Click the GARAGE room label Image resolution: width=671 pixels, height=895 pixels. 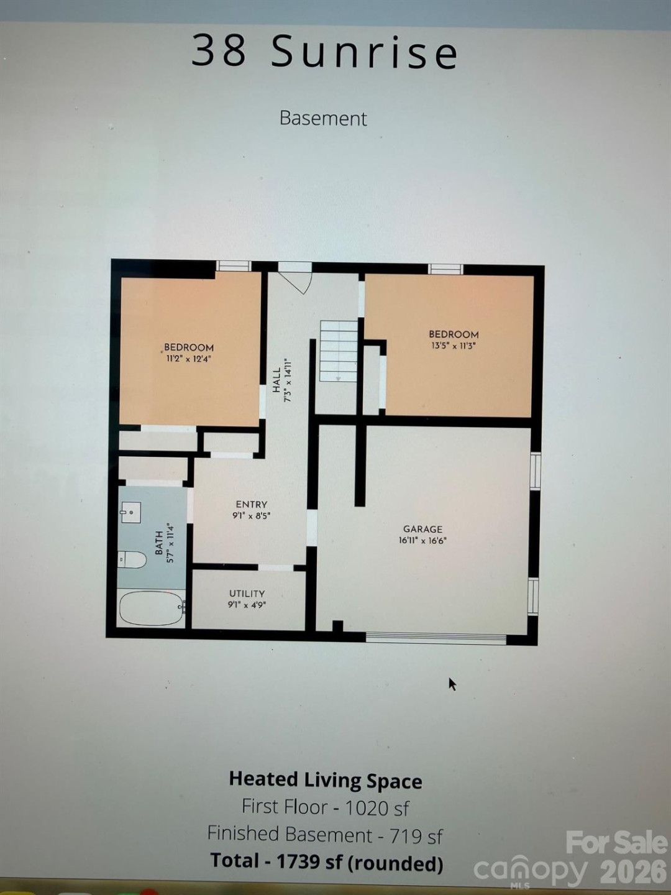tap(422, 529)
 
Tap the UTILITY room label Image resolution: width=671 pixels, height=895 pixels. tap(247, 594)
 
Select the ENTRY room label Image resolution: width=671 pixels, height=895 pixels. tap(251, 505)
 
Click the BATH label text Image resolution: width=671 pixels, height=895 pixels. tap(159, 543)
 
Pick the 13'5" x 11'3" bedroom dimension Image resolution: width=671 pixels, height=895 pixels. tap(454, 346)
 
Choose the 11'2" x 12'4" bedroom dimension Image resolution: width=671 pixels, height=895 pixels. tap(189, 359)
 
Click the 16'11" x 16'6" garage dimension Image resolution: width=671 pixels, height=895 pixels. tap(422, 541)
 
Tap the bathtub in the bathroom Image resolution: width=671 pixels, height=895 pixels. tap(152, 607)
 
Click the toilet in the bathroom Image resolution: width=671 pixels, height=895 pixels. tap(132, 559)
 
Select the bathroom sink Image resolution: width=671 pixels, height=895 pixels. tap(130, 513)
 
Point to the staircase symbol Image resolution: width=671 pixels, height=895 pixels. tap(339, 351)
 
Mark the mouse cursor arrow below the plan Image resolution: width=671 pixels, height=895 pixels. tap(452, 684)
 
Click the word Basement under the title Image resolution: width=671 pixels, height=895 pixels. tap(323, 118)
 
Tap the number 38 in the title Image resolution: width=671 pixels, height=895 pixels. tap(219, 50)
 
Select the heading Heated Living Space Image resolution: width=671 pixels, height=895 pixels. tap(326, 779)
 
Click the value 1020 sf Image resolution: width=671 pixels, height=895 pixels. tap(377, 807)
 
